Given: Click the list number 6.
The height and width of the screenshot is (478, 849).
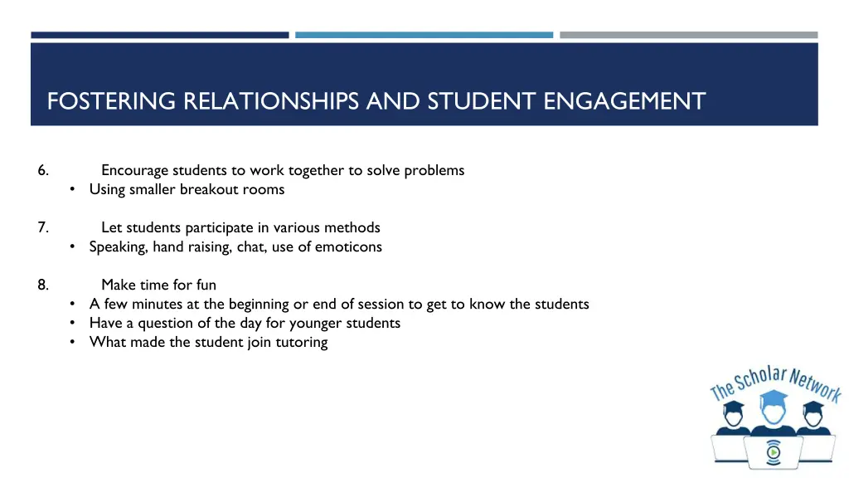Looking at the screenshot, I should pyautogui.click(x=42, y=170).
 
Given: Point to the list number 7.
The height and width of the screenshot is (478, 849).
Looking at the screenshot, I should pyautogui.click(x=42, y=227).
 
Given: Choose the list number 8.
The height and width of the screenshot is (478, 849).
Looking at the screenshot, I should pyautogui.click(x=42, y=285).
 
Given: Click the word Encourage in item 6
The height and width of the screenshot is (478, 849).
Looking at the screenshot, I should pyautogui.click(x=134, y=170).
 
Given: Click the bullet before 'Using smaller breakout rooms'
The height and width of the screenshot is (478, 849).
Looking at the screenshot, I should pyautogui.click(x=74, y=189).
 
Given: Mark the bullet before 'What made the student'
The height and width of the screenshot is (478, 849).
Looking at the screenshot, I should pyautogui.click(x=74, y=342).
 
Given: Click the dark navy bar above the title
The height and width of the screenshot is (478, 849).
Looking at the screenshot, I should pyautogui.click(x=160, y=35).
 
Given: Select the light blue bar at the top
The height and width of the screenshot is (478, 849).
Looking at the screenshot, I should pyautogui.click(x=424, y=35).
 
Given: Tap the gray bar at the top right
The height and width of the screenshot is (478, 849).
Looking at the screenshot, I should pyautogui.click(x=688, y=35).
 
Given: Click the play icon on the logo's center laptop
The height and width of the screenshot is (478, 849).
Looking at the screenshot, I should pyautogui.click(x=773, y=452).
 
